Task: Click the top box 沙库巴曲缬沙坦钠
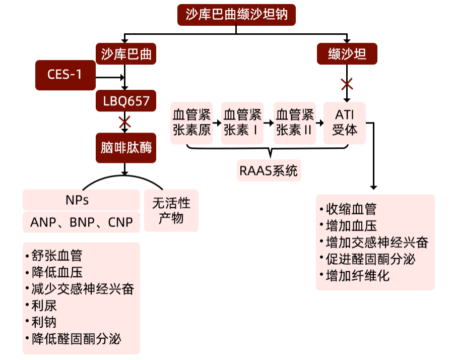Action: [x=236, y=15]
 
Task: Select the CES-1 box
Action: [x=66, y=75]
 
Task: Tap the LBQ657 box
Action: [x=126, y=101]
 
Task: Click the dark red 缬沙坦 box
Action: [x=347, y=54]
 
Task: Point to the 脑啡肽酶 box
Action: [x=126, y=148]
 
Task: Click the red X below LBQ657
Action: [x=125, y=122]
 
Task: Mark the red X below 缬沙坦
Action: [x=347, y=84]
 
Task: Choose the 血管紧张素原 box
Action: [x=191, y=123]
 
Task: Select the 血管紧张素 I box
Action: [x=242, y=123]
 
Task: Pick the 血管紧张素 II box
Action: [x=295, y=123]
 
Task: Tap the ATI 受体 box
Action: [x=345, y=123]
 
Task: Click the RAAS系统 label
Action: [x=269, y=170]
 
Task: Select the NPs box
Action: [x=81, y=200]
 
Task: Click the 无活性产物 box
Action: [x=171, y=211]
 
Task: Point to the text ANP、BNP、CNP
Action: [x=81, y=222]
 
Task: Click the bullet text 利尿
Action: [x=44, y=306]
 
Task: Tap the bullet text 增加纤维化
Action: [x=358, y=275]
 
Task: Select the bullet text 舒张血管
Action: [x=57, y=256]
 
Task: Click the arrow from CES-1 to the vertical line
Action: [x=110, y=77]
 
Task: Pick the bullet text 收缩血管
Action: [x=351, y=209]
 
